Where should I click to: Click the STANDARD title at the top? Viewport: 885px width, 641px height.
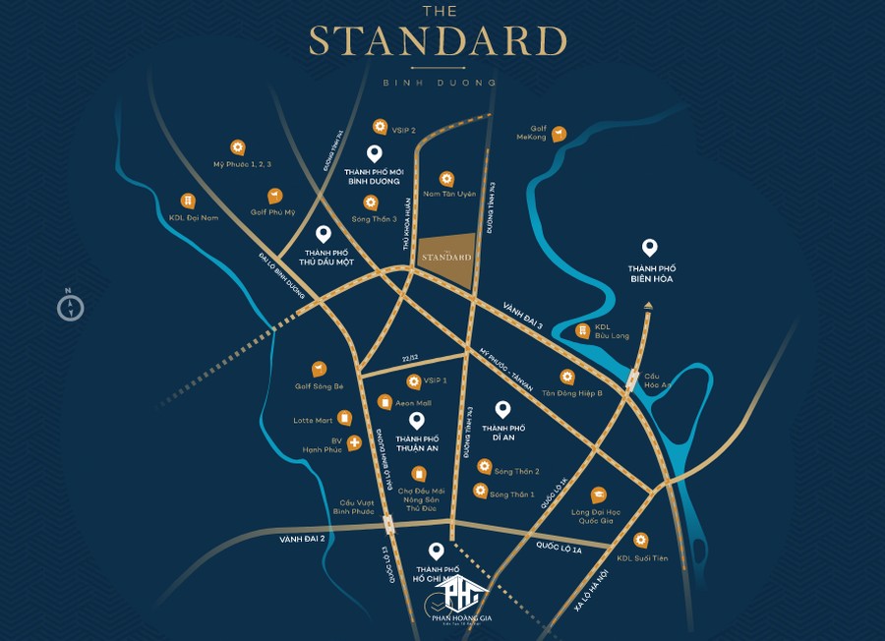coord(438,41)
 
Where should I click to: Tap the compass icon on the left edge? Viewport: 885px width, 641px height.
coord(70,307)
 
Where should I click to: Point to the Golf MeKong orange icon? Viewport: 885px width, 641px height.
coord(559,134)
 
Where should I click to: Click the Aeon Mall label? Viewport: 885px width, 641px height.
coord(414,402)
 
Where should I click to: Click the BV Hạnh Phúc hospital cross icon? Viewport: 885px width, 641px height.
coord(353,443)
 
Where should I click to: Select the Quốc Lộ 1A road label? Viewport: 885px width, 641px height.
coord(559,548)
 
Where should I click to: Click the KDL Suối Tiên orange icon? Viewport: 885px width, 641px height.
coord(641,540)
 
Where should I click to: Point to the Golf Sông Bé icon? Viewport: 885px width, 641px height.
coord(319,369)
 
